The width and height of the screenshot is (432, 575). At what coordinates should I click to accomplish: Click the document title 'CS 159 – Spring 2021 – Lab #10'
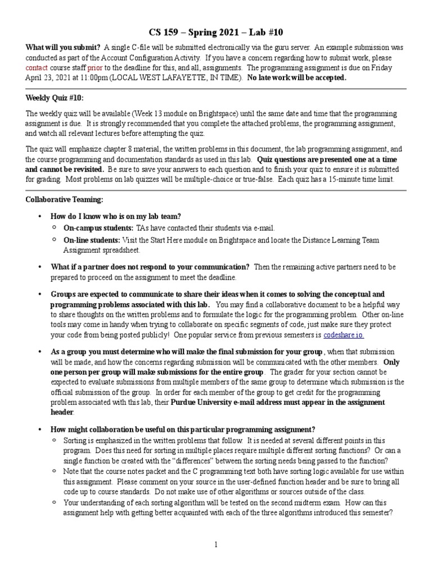[x=216, y=33]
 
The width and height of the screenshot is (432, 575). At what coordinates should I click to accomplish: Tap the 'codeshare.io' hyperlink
[x=344, y=335]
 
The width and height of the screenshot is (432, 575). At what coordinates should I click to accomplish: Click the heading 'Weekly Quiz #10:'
[x=55, y=98]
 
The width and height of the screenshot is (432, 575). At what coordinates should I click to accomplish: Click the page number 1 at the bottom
[x=215, y=545]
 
